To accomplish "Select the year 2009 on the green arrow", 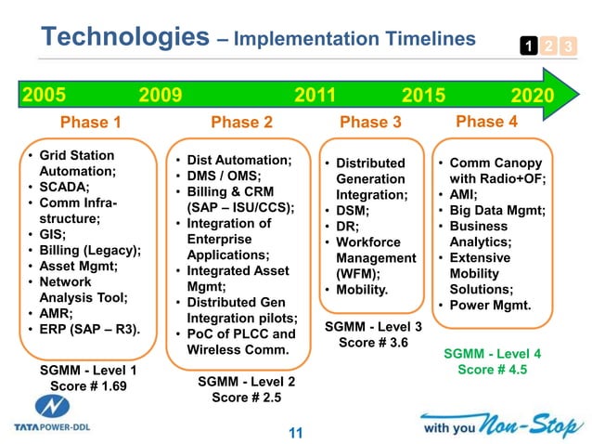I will [x=161, y=96].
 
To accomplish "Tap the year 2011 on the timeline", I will [x=315, y=96].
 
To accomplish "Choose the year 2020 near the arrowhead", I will [x=532, y=96].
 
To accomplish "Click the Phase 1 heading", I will [x=90, y=123].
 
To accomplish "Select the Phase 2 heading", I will [x=241, y=123].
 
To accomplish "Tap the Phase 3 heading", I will [x=370, y=123].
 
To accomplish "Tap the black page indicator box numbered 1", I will [x=526, y=46].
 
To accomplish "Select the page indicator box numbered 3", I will [x=568, y=46].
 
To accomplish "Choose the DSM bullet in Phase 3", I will [x=354, y=211].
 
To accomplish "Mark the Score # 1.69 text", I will [x=88, y=385].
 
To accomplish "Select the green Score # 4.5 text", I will [x=492, y=370].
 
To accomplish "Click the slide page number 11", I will [x=296, y=432].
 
